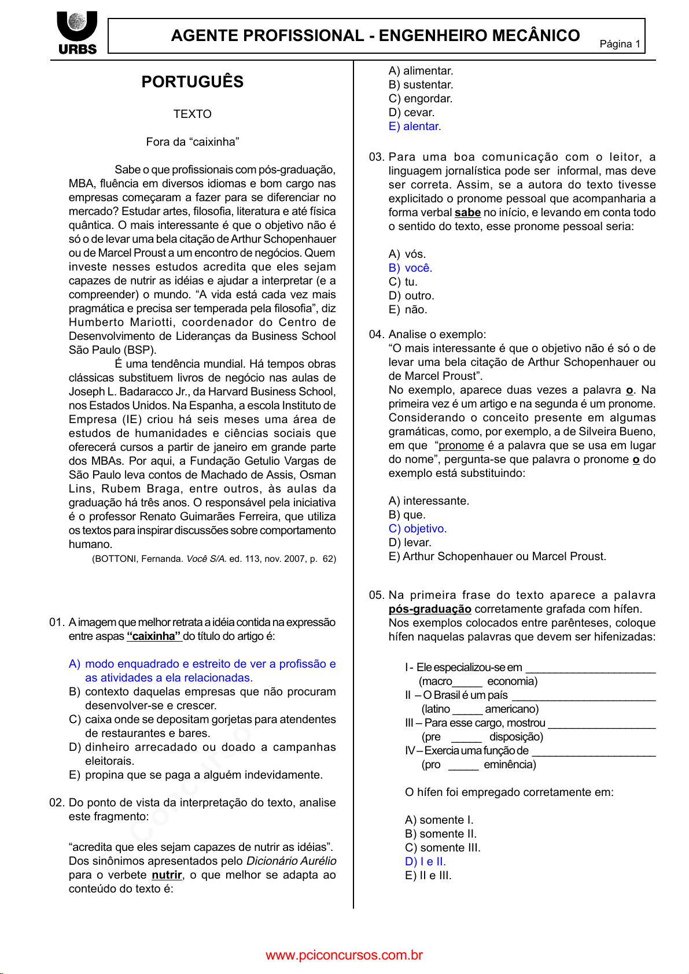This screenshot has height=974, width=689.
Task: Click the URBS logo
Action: (77, 33)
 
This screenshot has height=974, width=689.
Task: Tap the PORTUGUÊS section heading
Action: (193, 82)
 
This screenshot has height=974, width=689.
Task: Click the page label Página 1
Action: (620, 44)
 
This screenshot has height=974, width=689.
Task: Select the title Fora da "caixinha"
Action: (193, 142)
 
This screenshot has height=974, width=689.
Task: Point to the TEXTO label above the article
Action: (193, 114)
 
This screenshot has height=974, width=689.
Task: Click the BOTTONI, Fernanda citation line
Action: (213, 559)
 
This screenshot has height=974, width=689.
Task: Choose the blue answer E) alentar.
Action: (415, 127)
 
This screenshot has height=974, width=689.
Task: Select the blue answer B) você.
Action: (411, 268)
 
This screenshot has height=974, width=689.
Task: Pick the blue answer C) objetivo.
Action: (418, 529)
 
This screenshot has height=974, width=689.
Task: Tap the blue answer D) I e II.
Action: (425, 862)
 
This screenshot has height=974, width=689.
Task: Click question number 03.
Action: (376, 157)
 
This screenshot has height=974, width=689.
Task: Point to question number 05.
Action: (376, 595)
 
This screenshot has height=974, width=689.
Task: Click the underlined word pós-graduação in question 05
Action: (430, 609)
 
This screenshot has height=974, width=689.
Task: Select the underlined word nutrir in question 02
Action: (167, 875)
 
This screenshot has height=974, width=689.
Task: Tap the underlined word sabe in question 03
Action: (467, 213)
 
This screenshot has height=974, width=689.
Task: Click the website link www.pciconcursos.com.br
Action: (344, 956)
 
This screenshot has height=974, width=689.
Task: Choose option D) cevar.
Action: (411, 113)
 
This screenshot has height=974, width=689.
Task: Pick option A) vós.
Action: (407, 254)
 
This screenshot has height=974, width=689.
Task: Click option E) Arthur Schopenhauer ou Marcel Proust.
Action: (498, 557)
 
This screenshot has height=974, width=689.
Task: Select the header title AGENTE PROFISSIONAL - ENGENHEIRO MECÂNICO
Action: (375, 36)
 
